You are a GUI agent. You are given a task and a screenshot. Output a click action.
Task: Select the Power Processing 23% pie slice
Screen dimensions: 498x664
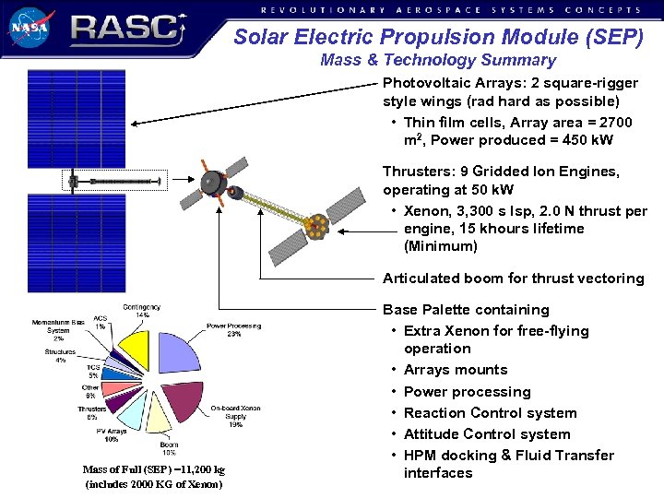point(182,354)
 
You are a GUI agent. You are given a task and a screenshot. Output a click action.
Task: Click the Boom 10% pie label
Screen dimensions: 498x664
point(169,448)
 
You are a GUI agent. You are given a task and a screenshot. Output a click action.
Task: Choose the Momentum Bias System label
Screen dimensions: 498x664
point(58,330)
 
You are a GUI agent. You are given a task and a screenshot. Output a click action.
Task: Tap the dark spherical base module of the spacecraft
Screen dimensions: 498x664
point(213,182)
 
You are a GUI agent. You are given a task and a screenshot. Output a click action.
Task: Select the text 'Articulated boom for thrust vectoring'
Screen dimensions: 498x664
point(513,279)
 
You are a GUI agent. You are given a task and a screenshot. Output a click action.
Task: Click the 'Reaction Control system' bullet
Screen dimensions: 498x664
point(490,413)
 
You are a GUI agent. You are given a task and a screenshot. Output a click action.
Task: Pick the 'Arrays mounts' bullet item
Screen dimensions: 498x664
point(456,370)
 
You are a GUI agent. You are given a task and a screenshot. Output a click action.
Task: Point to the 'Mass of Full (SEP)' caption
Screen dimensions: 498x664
point(153,469)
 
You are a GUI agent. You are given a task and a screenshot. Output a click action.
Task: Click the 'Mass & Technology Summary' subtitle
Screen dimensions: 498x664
point(438,61)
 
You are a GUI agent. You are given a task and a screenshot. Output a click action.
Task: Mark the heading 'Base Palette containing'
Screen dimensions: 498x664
point(466,310)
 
